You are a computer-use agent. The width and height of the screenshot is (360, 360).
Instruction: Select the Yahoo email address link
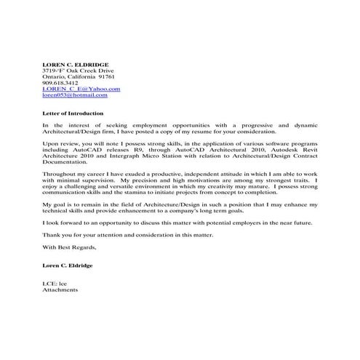point(81,89)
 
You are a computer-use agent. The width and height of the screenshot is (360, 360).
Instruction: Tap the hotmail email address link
point(74,95)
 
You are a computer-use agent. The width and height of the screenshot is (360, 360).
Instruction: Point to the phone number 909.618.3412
point(58,82)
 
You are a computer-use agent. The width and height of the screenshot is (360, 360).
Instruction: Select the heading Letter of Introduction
point(73,113)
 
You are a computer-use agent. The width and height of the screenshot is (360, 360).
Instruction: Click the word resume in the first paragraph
point(215,132)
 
